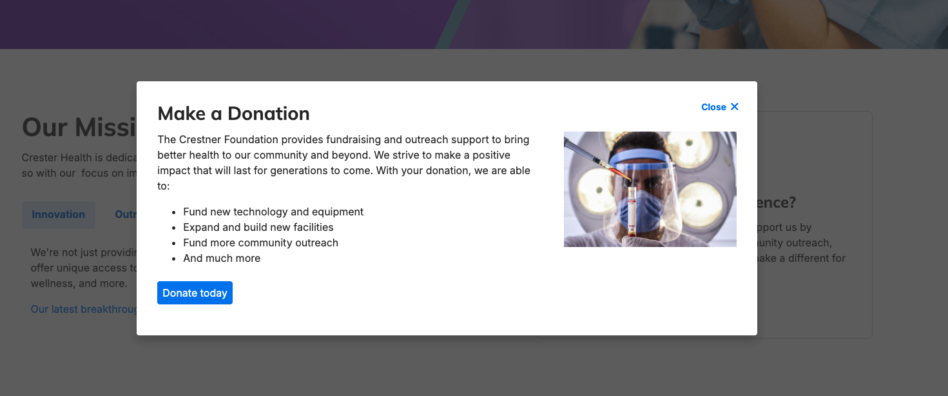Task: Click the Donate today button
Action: [195, 293]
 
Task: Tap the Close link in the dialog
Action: [713, 107]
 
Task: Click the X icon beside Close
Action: [734, 107]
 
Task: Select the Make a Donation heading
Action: [233, 114]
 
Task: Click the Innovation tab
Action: [59, 215]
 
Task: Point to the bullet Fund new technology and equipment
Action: [273, 212]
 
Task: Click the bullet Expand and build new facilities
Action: [258, 227]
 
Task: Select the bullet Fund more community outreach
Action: [260, 243]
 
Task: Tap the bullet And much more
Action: [222, 258]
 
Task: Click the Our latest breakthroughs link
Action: [84, 310]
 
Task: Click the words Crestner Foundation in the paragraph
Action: [228, 139]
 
